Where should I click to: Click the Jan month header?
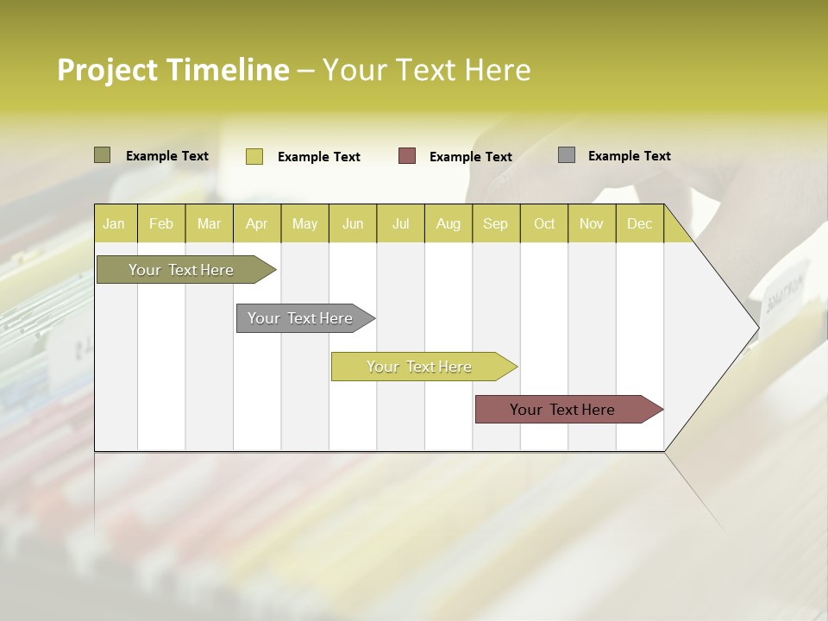tap(114, 223)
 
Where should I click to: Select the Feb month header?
tap(161, 223)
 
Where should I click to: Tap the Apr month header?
tap(256, 223)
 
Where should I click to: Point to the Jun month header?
tap(353, 223)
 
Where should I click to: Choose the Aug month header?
tap(448, 223)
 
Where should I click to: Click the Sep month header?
tap(495, 223)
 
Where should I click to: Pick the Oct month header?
tap(544, 223)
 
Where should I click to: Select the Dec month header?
tap(639, 223)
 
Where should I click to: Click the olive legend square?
tap(103, 155)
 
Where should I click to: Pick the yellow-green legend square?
tap(254, 156)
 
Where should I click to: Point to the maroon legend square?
tap(407, 156)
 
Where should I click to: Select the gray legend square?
tap(567, 155)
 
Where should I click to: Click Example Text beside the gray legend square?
tap(629, 155)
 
